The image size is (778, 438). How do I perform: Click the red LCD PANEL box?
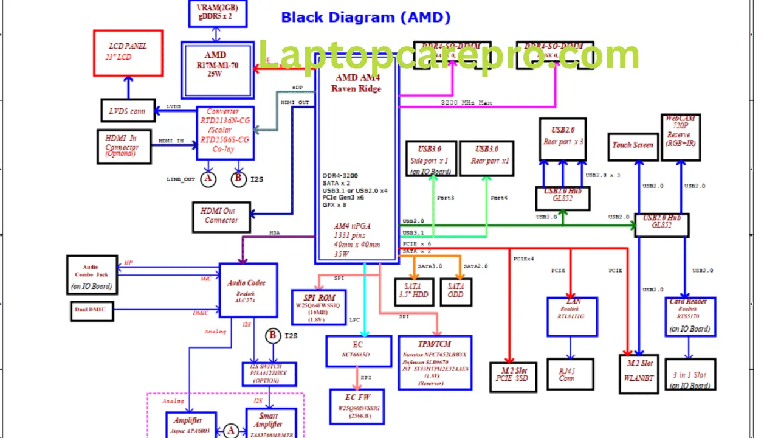(128, 53)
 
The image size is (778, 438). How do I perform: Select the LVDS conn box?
(128, 110)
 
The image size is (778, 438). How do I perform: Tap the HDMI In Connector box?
(124, 146)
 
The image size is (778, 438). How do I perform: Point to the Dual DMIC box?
(91, 310)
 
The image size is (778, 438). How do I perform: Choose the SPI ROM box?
(319, 307)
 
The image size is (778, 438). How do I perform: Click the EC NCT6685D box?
(358, 351)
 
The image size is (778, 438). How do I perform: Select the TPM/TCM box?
(435, 362)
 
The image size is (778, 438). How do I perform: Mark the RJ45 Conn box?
(566, 375)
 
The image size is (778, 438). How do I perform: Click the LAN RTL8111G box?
(572, 316)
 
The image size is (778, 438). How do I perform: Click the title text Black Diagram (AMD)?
(365, 17)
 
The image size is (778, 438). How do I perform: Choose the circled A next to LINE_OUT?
(208, 179)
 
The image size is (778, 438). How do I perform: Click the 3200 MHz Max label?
(466, 103)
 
